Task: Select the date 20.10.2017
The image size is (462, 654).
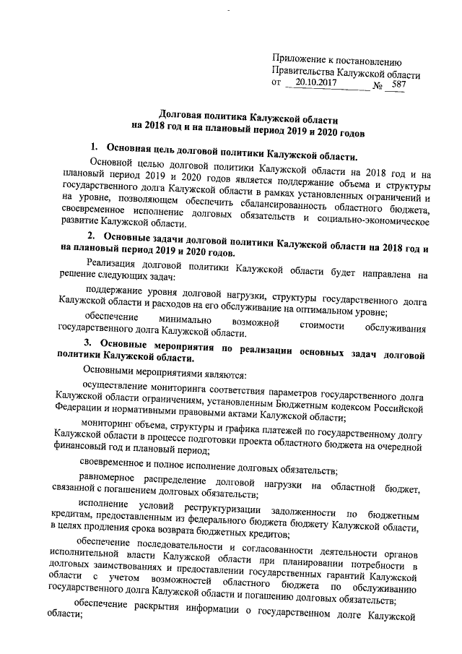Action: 315,84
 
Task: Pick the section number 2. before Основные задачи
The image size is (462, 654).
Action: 90,237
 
